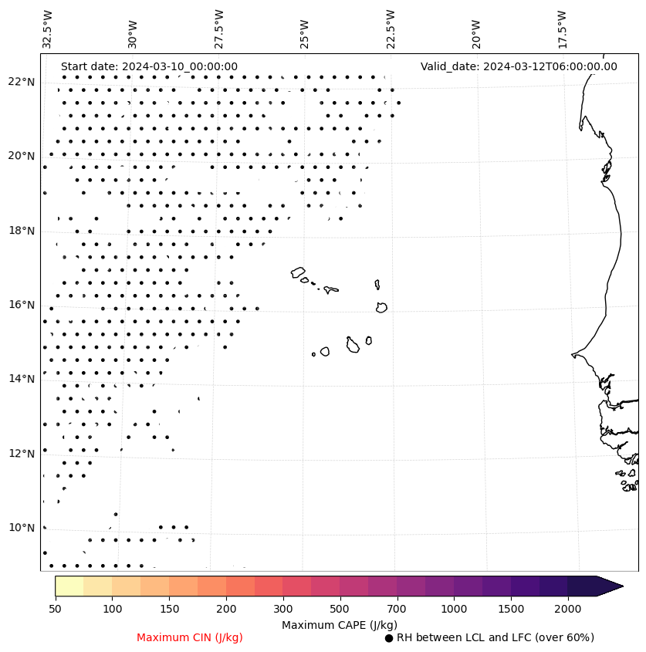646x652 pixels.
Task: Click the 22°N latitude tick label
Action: pos(21,82)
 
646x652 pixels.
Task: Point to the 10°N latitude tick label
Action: pos(21,528)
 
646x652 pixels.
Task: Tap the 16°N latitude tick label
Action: pos(21,305)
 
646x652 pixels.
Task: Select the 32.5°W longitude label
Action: pos(48,29)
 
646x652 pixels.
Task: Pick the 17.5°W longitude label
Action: pos(562,29)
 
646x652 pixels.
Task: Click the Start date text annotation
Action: pos(149,66)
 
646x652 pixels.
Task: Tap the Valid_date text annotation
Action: pos(519,66)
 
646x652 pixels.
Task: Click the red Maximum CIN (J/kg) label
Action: pos(190,637)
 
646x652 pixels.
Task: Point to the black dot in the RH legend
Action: pos(389,638)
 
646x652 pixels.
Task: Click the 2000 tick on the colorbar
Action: pos(568,609)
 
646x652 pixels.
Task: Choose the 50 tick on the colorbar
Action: pos(55,609)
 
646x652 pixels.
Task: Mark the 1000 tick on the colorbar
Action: pos(454,609)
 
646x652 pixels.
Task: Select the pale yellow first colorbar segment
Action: pos(69,586)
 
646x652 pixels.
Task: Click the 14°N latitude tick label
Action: pos(21,379)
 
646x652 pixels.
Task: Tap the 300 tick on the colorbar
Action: pos(283,609)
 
